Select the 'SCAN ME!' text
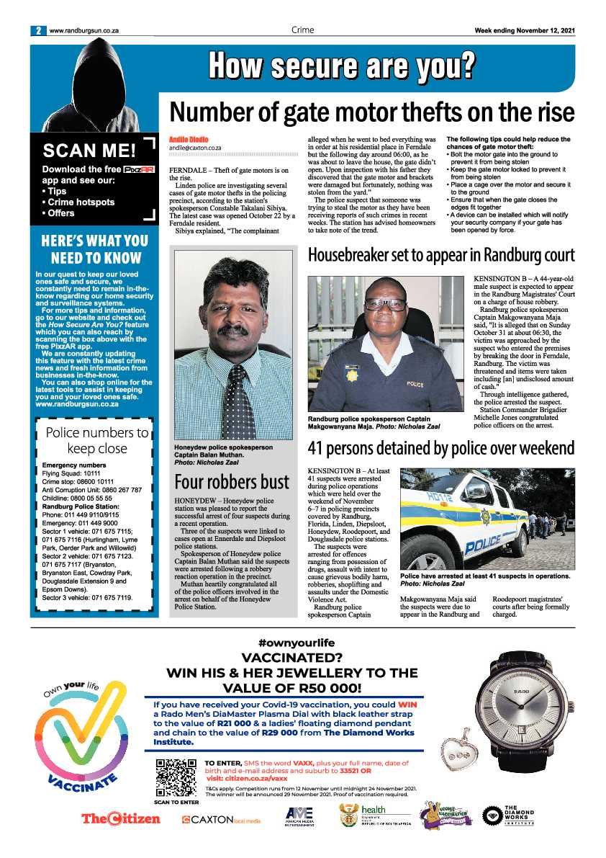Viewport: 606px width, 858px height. (89, 151)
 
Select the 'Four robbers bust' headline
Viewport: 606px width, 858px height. (232, 481)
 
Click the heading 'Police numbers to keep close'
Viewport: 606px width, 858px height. (97, 440)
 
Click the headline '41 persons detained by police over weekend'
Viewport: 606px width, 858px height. (440, 448)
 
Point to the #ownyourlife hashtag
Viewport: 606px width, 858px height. (296, 643)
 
